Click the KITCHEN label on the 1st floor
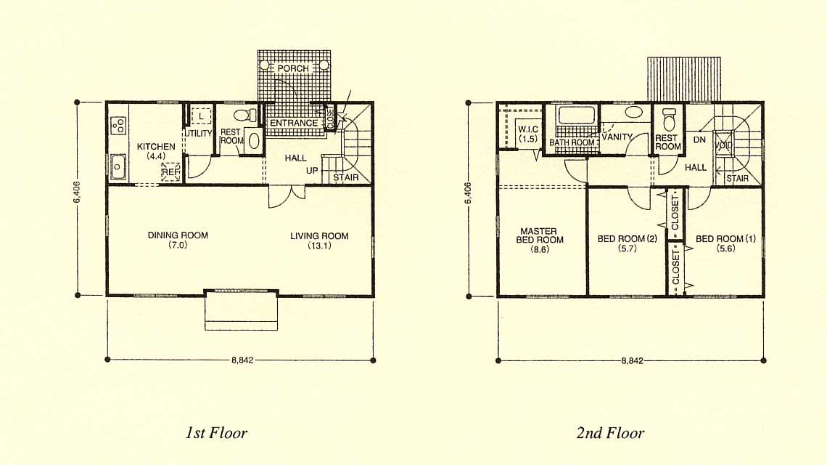pyautogui.click(x=156, y=146)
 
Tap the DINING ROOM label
pyautogui.click(x=178, y=235)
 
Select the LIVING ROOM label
pyautogui.click(x=319, y=235)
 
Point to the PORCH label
pyautogui.click(x=293, y=68)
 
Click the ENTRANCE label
pyautogui.click(x=294, y=123)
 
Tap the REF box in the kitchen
pyautogui.click(x=171, y=172)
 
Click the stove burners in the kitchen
pyautogui.click(x=118, y=125)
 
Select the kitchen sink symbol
pyautogui.click(x=117, y=168)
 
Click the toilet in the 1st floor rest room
pyautogui.click(x=244, y=115)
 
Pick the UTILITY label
pyautogui.click(x=198, y=133)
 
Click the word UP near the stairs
pyautogui.click(x=312, y=171)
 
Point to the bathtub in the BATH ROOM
pyautogui.click(x=577, y=116)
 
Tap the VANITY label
pyautogui.click(x=617, y=137)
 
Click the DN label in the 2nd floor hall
pyautogui.click(x=699, y=139)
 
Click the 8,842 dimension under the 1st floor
pyautogui.click(x=242, y=360)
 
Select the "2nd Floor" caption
pyautogui.click(x=610, y=433)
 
